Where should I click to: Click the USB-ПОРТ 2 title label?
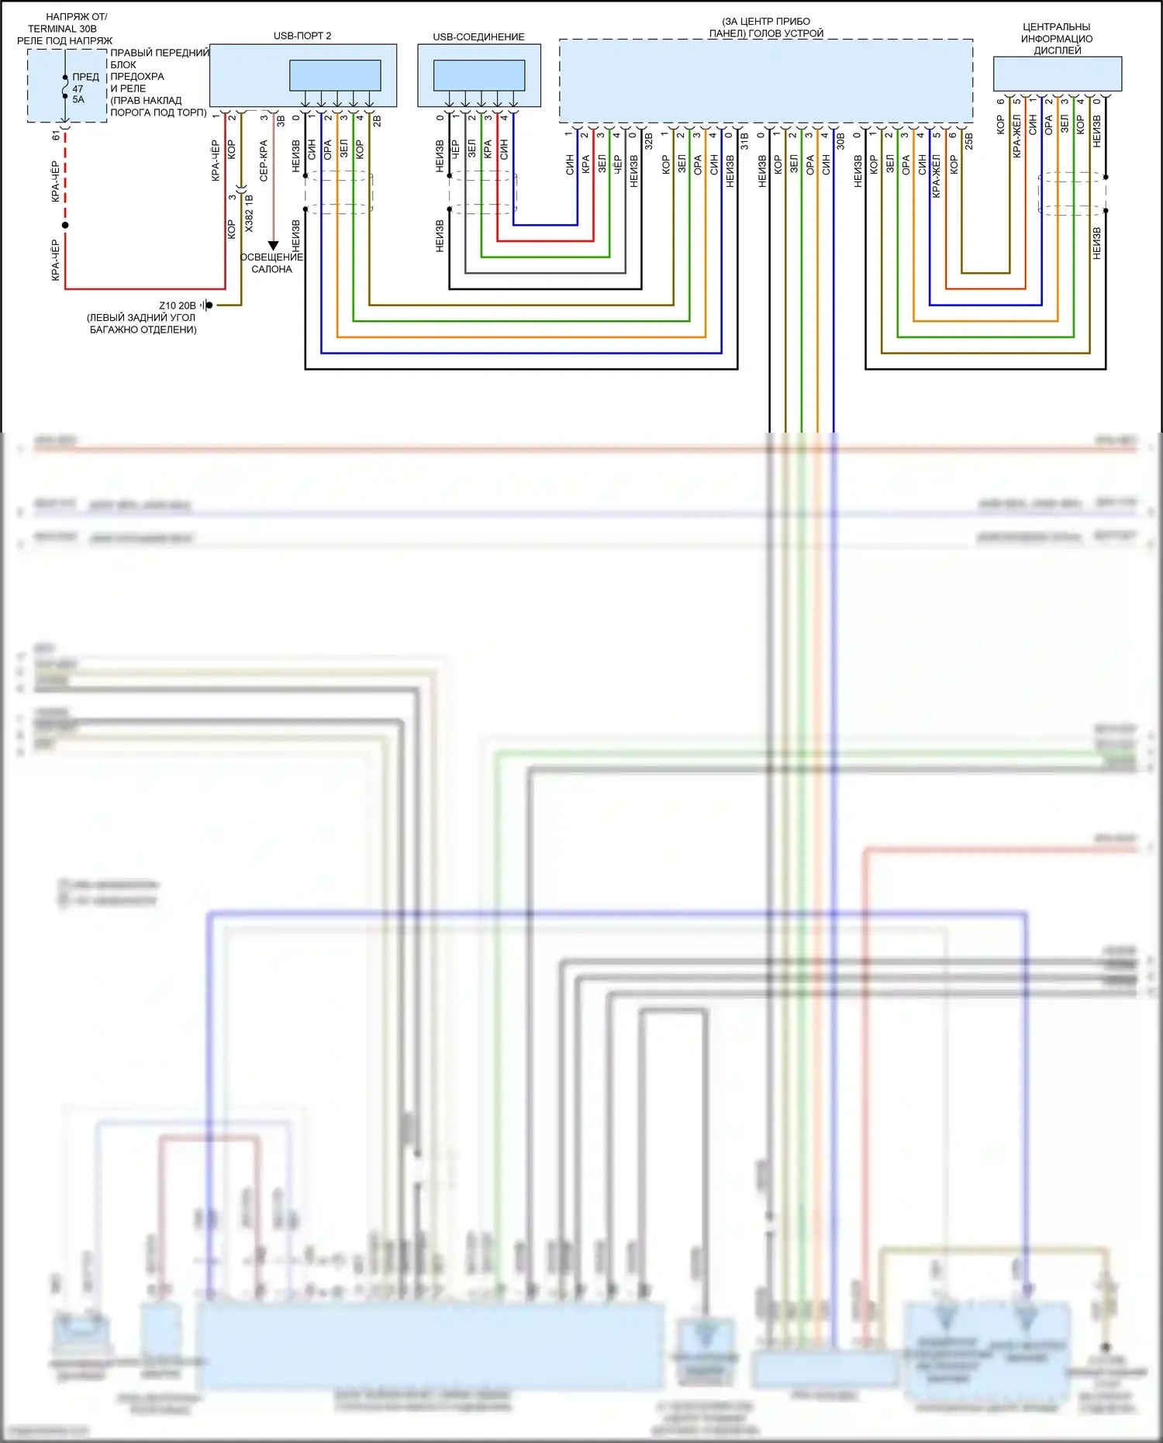[302, 36]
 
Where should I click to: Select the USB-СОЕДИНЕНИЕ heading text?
[478, 36]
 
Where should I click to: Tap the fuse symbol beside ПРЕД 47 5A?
[65, 88]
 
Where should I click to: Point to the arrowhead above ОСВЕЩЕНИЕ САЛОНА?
[273, 246]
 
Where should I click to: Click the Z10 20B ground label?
[178, 306]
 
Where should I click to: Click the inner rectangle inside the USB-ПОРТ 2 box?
[335, 75]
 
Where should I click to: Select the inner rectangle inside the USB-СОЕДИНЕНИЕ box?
[478, 75]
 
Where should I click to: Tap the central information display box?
[1057, 74]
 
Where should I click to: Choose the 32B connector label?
[649, 140]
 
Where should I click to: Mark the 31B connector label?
[744, 140]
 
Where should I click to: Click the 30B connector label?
[840, 140]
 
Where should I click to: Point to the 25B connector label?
[968, 140]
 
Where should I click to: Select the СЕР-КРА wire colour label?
[264, 161]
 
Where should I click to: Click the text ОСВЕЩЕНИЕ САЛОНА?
[271, 263]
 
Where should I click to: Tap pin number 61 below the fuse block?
[56, 135]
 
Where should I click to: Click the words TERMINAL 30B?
[63, 29]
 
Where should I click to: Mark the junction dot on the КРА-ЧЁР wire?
[65, 225]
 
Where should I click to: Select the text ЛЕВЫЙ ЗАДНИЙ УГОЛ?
[141, 317]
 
